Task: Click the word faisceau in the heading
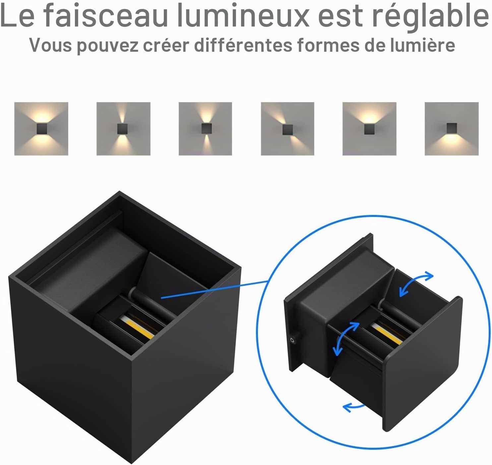[106, 15]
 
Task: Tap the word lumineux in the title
[243, 15]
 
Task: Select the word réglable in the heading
[431, 17]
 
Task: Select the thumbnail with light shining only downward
[452, 129]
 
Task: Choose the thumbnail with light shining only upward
[369, 129]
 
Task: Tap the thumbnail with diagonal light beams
[287, 129]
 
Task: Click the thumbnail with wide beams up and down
[41, 129]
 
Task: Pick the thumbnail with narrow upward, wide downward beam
[123, 129]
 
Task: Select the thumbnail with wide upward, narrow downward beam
[205, 129]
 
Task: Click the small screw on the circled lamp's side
[293, 340]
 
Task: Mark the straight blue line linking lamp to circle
[215, 290]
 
